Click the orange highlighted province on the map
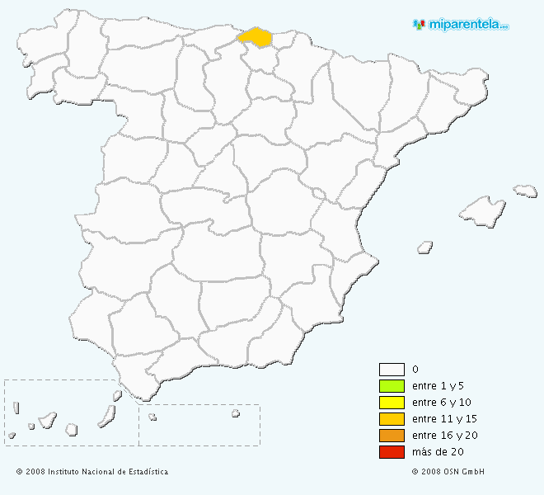pyautogui.click(x=256, y=37)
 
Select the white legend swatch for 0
pyautogui.click(x=392, y=370)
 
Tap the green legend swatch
pyautogui.click(x=392, y=386)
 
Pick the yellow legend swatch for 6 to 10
pyautogui.click(x=392, y=403)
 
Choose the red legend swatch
pyautogui.click(x=392, y=452)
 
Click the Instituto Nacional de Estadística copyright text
pyautogui.click(x=92, y=472)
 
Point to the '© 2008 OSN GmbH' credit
pyautogui.click(x=448, y=472)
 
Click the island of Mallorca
pyautogui.click(x=481, y=211)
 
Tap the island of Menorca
pyautogui.click(x=525, y=191)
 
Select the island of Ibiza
pyautogui.click(x=425, y=246)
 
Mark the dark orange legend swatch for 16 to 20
pyautogui.click(x=392, y=436)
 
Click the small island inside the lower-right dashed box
pyautogui.click(x=235, y=413)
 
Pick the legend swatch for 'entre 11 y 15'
pyautogui.click(x=392, y=419)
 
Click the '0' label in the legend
pyautogui.click(x=415, y=370)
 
